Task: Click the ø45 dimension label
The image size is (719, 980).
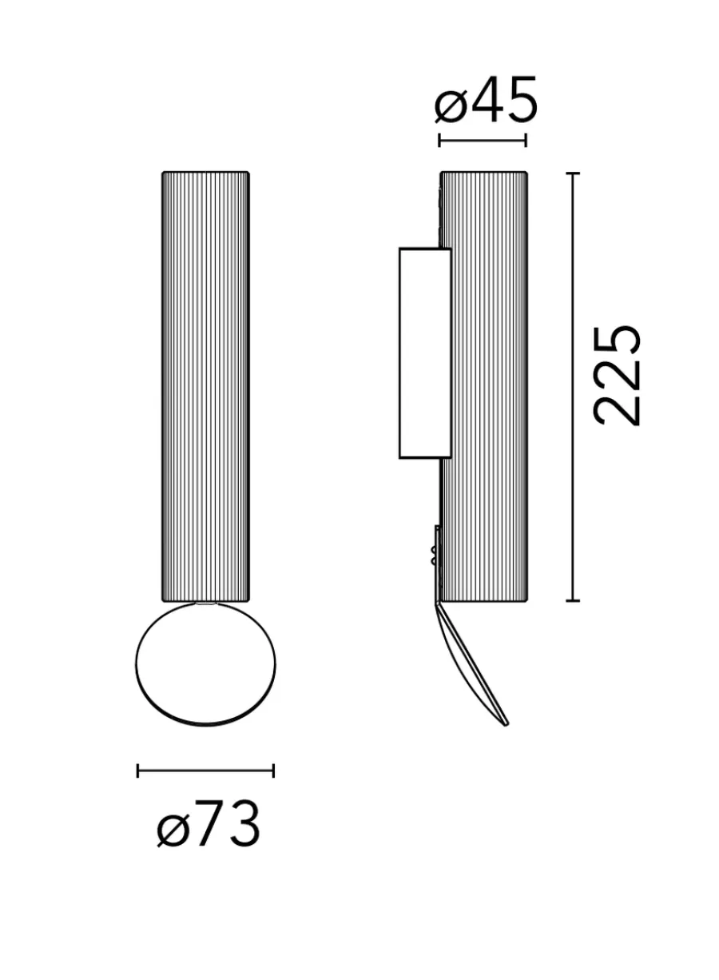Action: pyautogui.click(x=486, y=100)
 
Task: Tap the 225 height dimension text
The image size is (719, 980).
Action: pyautogui.click(x=617, y=376)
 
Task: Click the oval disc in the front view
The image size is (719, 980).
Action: pyautogui.click(x=205, y=664)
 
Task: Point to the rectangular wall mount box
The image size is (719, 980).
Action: pyautogui.click(x=425, y=353)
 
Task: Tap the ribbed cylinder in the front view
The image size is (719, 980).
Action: pyautogui.click(x=205, y=387)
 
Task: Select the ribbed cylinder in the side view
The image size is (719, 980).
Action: pyautogui.click(x=483, y=387)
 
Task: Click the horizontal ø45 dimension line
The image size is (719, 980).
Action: pyautogui.click(x=483, y=141)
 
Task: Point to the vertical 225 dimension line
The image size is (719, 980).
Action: pyautogui.click(x=573, y=387)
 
